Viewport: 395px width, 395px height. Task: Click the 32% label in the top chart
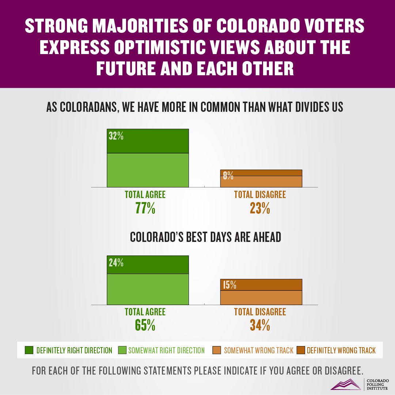(116, 136)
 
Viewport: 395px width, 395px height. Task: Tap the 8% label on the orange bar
(228, 176)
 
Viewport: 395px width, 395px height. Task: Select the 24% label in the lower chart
(116, 262)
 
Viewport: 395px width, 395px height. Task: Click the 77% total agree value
(145, 209)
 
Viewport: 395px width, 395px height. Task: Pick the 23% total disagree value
(260, 209)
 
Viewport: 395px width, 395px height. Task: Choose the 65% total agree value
(145, 325)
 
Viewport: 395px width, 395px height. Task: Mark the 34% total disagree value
(260, 325)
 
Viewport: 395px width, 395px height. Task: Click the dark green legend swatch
(29, 350)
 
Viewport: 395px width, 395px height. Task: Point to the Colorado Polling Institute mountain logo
(346, 384)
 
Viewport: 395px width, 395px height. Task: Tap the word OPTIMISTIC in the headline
(163, 48)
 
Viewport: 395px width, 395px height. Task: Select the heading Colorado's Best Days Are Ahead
(206, 237)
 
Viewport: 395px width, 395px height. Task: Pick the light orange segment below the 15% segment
(261, 297)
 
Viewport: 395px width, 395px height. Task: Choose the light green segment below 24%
(148, 289)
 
